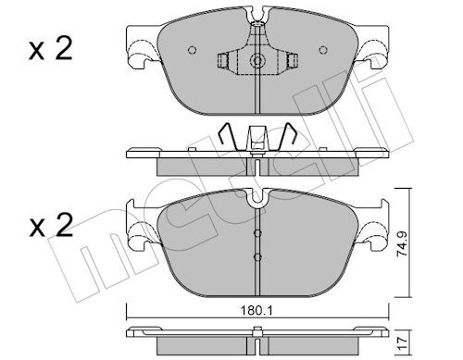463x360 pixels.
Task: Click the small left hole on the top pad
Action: pos(192,50)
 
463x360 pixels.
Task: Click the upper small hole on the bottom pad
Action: pos(257,231)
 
